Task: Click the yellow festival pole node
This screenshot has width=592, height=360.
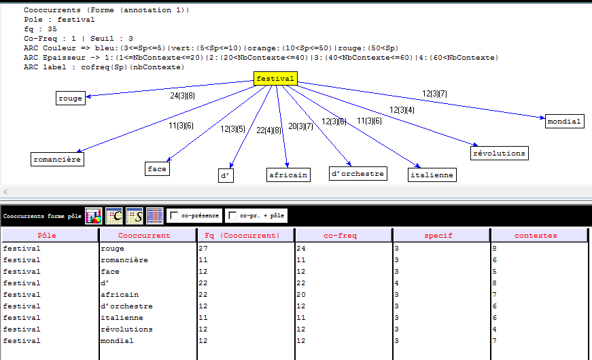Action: pyautogui.click(x=275, y=79)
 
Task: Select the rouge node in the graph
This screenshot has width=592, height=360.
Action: pyautogui.click(x=71, y=98)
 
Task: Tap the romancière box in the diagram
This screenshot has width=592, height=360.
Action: pyautogui.click(x=57, y=159)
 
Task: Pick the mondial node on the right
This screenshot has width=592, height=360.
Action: pyautogui.click(x=564, y=121)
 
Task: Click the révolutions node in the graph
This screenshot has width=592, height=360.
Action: pyautogui.click(x=499, y=154)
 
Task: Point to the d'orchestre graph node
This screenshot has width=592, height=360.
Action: pyautogui.click(x=358, y=174)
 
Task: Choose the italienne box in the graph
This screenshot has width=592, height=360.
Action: pyautogui.click(x=432, y=175)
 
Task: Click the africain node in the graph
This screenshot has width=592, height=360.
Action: pyautogui.click(x=288, y=175)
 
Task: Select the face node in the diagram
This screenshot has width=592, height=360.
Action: pyautogui.click(x=157, y=168)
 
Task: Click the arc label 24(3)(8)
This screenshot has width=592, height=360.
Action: pyautogui.click(x=182, y=96)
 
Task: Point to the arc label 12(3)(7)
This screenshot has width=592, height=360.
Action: pyautogui.click(x=434, y=93)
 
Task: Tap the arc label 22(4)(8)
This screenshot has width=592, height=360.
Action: pyautogui.click(x=269, y=130)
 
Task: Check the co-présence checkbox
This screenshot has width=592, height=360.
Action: pyautogui.click(x=174, y=215)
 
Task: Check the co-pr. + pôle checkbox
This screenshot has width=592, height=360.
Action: pyautogui.click(x=232, y=215)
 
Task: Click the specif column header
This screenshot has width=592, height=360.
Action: pyautogui.click(x=438, y=236)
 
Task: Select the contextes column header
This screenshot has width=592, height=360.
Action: pyautogui.click(x=536, y=236)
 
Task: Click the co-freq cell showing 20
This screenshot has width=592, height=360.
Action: pyautogui.click(x=301, y=294)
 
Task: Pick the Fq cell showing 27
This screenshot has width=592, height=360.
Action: pyautogui.click(x=203, y=249)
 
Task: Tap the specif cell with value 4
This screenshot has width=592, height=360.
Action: pyautogui.click(x=396, y=283)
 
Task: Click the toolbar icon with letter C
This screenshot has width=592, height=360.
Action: pyautogui.click(x=114, y=215)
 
